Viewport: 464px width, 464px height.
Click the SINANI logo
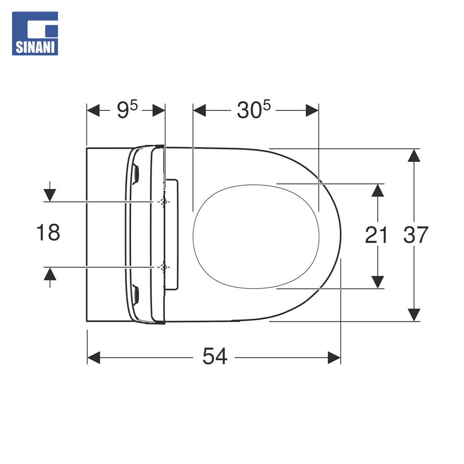(x=35, y=34)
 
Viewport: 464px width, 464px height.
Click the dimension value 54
(x=215, y=356)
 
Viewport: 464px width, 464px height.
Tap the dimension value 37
(x=416, y=235)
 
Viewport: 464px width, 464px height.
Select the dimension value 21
(x=376, y=235)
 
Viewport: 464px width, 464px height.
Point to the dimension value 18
(x=48, y=232)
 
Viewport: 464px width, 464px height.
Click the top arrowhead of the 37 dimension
(x=414, y=156)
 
